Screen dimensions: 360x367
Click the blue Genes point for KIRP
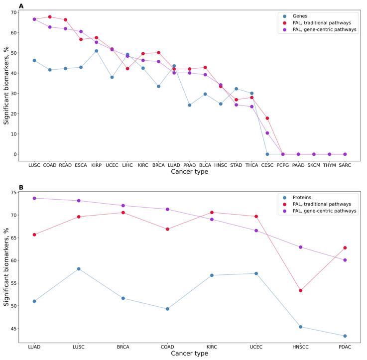point(96,51)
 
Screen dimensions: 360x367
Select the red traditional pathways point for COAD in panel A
point(50,17)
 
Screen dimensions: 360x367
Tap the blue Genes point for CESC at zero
point(267,154)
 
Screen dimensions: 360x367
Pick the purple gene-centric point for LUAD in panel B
point(34,198)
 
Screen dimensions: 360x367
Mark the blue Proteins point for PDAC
point(345,336)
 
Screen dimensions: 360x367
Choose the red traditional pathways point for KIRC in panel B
point(212,213)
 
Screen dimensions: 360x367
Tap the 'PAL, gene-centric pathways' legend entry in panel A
point(324,30)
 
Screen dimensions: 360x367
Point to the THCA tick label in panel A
point(251,164)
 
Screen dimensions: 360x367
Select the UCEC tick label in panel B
point(256,346)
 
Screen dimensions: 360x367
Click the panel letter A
point(21,5)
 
